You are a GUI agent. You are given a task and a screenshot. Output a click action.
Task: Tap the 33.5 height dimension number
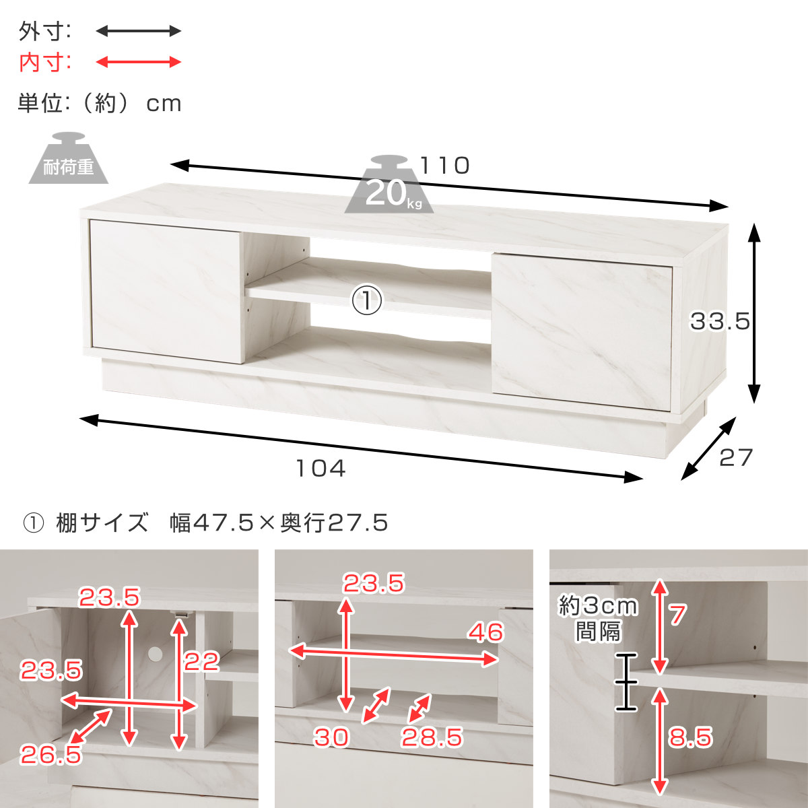[x=720, y=322]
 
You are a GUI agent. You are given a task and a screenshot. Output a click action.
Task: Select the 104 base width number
[x=321, y=469]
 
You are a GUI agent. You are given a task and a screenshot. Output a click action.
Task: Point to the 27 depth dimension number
[x=736, y=457]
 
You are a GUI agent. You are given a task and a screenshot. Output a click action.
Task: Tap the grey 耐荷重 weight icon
[x=69, y=158]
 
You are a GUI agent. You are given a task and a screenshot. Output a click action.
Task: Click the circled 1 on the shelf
[x=366, y=300]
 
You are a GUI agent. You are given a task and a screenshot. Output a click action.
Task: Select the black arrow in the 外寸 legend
[x=139, y=30]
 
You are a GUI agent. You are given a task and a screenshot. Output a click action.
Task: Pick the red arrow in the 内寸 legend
[x=139, y=62]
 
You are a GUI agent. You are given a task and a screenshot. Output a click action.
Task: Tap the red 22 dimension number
[x=202, y=662]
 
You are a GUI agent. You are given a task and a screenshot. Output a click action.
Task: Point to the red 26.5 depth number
[x=50, y=755]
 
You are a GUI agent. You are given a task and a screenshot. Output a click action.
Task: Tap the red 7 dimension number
[x=677, y=615]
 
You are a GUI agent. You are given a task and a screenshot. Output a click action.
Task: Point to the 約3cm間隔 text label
[x=598, y=619]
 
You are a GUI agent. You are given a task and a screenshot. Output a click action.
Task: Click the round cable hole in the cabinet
[x=155, y=654]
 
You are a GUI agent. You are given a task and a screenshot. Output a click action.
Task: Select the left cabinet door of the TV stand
[x=166, y=291]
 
